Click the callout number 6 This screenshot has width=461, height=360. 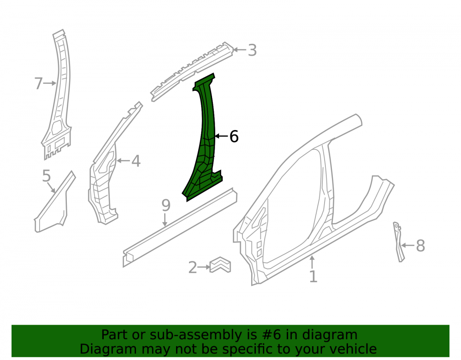234,136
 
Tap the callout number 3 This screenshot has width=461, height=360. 252,50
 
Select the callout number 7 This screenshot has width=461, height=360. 39,83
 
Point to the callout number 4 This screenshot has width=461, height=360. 136,161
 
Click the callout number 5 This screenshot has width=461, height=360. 47,176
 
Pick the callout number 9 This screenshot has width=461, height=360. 166,205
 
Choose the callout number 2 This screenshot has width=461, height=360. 193,267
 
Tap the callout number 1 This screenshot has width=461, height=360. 313,277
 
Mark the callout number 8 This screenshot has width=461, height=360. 420,245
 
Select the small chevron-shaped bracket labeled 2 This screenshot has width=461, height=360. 220,265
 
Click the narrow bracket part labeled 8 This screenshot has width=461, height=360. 398,242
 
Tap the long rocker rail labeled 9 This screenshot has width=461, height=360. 180,227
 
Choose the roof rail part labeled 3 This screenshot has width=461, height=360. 192,72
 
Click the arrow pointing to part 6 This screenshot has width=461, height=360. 222,136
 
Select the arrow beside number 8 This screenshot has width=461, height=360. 408,245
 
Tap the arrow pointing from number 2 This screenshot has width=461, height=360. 204,267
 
